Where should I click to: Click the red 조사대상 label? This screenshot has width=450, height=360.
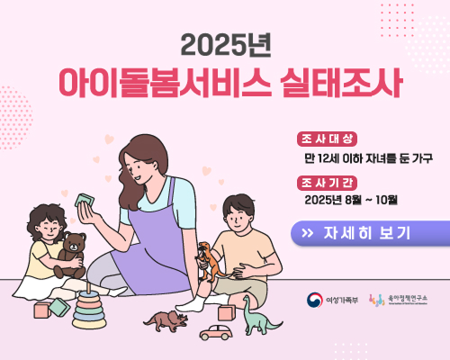click(x=327, y=139)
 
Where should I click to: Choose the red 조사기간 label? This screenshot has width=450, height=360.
click(x=327, y=181)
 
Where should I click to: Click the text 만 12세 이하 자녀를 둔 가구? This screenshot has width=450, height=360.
click(x=368, y=157)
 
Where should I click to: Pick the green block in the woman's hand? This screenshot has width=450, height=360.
click(x=89, y=199)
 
